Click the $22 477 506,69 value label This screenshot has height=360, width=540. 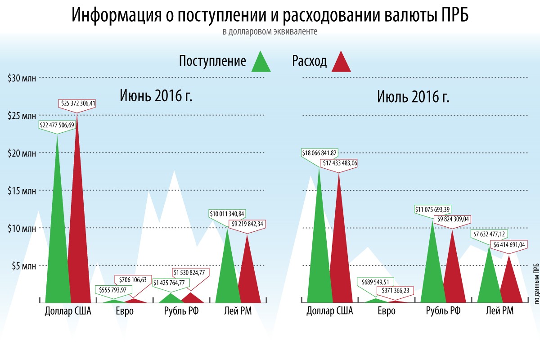pos(57,125)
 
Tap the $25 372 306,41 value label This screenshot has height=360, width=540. pos(78,103)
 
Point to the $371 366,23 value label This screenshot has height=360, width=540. pos(395,291)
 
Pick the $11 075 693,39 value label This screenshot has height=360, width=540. pos(432,209)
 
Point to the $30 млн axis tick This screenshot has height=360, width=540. pos(21,78)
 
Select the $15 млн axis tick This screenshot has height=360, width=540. pos(21,190)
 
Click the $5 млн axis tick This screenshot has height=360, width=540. pos(22,265)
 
